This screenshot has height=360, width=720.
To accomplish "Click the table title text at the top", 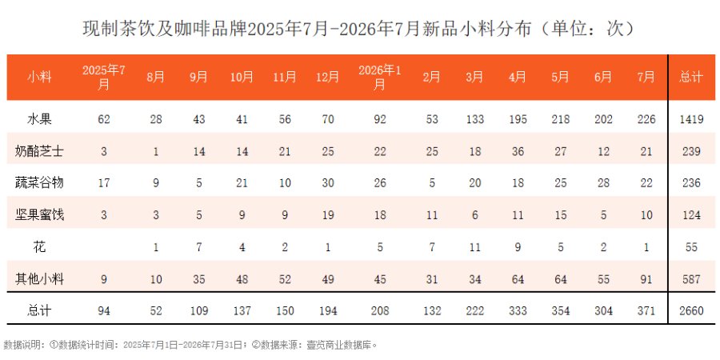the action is (359, 29).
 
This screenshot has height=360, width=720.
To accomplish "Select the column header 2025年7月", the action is (104, 77).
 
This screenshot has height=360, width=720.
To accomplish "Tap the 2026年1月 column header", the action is (380, 77).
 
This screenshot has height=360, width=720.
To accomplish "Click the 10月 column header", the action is (242, 77).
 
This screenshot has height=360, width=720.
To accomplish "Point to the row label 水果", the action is (39, 119).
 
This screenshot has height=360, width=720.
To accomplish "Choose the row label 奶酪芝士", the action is (39, 151).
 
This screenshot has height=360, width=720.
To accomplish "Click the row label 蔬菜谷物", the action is (39, 182).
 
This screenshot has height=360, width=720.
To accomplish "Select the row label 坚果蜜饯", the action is (39, 215).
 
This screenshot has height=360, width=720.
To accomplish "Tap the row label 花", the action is (39, 247).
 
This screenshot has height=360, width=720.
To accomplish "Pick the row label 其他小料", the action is (39, 278).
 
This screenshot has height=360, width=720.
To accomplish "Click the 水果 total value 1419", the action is (691, 119).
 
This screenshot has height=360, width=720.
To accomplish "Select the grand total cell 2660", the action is (691, 311).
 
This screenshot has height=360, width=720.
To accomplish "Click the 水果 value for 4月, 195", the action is (518, 119).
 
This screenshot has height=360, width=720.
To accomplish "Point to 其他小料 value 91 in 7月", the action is (646, 279).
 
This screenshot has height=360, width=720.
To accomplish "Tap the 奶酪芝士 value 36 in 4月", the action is (518, 151).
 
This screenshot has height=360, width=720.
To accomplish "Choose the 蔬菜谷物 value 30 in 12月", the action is (327, 183).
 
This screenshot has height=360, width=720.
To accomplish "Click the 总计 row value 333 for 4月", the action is (518, 311).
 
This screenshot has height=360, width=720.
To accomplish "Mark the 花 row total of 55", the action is (691, 247).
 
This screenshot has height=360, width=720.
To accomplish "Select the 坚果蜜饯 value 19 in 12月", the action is (327, 215).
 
